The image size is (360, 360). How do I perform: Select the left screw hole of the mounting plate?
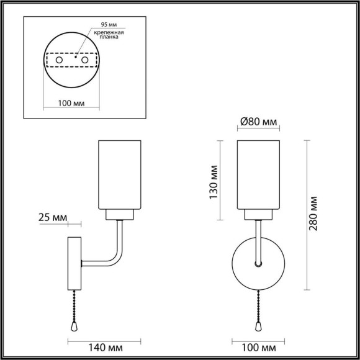tap(59, 60)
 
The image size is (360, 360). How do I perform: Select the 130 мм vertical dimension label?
tap(213, 181)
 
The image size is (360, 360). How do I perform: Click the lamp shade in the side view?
tap(120, 176)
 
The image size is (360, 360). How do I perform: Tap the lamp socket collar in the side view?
tap(120, 215)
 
